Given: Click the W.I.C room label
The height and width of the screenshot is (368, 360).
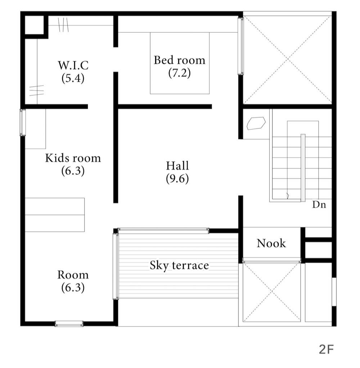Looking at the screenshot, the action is [x=73, y=65].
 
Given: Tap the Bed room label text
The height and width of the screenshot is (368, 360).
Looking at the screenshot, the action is [x=180, y=60].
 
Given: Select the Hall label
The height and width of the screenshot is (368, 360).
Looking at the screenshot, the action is [x=177, y=166].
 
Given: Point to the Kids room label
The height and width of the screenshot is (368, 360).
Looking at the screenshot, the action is [x=73, y=158].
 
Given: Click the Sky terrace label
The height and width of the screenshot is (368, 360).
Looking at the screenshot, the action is [x=179, y=265].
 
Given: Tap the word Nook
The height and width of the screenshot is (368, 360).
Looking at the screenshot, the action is [x=271, y=243].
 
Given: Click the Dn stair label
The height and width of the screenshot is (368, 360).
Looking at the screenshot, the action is [x=319, y=205].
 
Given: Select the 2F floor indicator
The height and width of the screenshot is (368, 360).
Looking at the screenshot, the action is [x=326, y=349].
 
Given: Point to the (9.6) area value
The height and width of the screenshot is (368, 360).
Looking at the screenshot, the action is [x=177, y=179].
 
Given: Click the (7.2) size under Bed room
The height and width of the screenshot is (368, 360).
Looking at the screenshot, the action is [x=180, y=73].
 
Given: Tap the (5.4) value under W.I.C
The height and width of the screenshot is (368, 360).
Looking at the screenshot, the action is [x=73, y=78].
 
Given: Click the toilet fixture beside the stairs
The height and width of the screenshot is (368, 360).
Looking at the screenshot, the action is [x=256, y=123].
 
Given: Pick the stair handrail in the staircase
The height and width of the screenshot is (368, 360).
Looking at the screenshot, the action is [x=303, y=168].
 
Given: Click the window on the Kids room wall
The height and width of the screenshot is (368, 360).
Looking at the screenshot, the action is [x=23, y=123].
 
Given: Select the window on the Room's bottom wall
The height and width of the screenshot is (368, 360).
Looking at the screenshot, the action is [x=69, y=324].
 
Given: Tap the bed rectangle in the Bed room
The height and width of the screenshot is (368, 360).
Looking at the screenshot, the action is [x=180, y=63].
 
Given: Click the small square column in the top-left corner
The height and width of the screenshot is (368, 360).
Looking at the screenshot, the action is [x=34, y=25].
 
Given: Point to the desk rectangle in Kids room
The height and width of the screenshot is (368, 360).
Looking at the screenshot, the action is [x=55, y=215].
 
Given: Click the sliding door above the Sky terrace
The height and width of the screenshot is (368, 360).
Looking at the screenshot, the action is [x=163, y=231].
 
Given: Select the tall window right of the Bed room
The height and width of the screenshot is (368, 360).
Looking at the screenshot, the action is [x=241, y=46].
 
